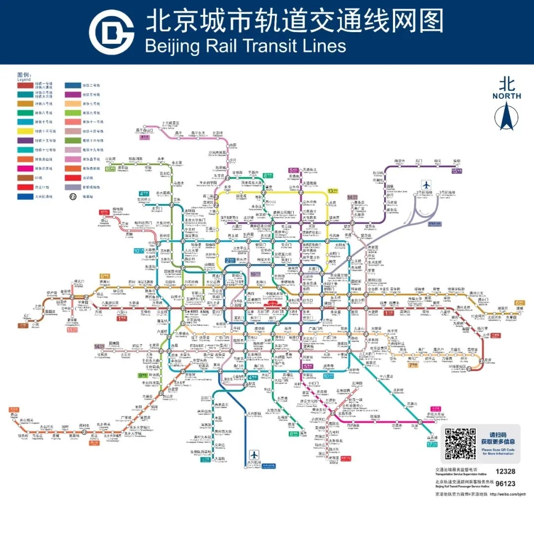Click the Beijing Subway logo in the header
111,32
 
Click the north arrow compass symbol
506,116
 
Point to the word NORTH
506,96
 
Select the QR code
460,444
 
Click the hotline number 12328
505,472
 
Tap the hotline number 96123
505,484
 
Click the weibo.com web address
507,494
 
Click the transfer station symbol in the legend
73,196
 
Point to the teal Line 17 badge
431,444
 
